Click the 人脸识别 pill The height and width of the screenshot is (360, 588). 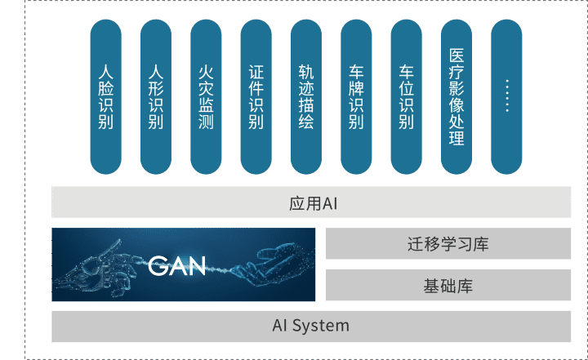(106, 96)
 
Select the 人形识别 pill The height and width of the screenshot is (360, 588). (156, 96)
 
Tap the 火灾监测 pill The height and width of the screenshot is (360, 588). (206, 96)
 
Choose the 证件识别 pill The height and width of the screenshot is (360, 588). (256, 96)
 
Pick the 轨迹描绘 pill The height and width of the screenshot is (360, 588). (306, 96)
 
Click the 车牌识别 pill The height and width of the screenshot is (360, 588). (356, 96)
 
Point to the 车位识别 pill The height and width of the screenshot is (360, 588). (407, 96)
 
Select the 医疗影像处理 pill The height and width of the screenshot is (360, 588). (457, 96)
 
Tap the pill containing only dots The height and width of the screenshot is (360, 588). (506, 96)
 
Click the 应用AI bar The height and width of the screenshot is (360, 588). (311, 202)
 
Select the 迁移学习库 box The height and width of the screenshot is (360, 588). (448, 243)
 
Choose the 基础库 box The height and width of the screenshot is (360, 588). (448, 286)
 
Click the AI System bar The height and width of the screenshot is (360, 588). (311, 326)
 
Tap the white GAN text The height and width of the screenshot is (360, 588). (177, 265)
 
